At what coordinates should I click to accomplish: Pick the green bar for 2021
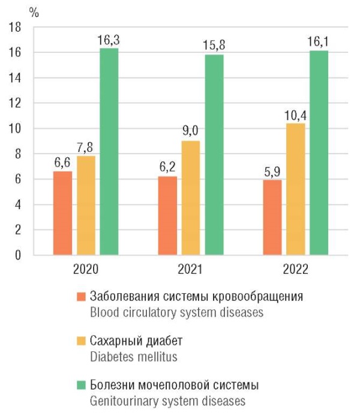[x=214, y=154]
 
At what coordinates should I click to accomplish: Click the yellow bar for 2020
[x=86, y=205]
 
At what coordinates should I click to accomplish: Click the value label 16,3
[x=109, y=40]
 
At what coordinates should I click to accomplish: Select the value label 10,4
[x=295, y=115]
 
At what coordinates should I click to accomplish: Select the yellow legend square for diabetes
[x=82, y=341]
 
